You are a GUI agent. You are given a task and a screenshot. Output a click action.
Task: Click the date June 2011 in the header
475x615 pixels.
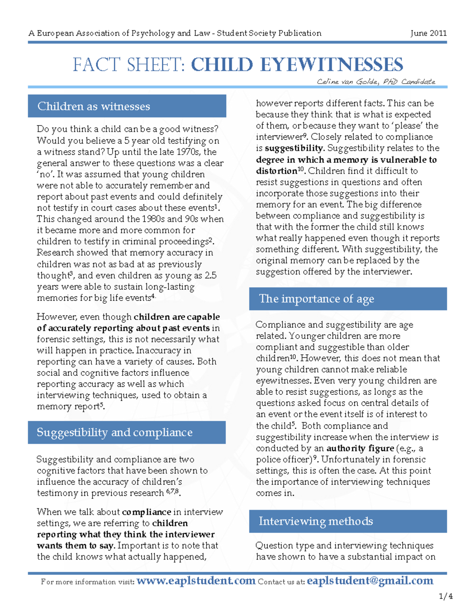tap(428, 33)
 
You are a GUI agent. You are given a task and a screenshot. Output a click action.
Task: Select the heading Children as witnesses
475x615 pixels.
tap(94, 106)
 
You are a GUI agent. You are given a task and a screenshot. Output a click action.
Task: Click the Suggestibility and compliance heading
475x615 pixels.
tap(114, 432)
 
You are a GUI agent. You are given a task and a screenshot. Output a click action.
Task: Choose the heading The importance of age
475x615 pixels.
tap(316, 299)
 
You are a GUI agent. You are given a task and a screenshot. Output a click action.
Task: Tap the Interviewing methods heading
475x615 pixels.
tap(315, 521)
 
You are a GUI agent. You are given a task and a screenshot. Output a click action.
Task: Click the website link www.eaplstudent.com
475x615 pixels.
tap(196, 581)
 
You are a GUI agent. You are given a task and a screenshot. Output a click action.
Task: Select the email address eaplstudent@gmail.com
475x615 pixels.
tap(370, 581)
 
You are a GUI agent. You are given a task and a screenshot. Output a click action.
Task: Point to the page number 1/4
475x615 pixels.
tap(446, 596)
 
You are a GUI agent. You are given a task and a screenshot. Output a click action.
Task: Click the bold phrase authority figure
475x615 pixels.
tap(360, 448)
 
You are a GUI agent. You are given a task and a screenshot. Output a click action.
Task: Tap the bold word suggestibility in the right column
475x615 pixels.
tap(294, 148)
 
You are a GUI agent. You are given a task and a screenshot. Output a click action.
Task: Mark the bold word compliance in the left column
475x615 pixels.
tap(146, 512)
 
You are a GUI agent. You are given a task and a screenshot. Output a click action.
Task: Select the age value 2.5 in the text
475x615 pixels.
tap(210, 276)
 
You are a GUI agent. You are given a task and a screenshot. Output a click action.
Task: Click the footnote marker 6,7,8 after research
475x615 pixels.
tap(173, 491)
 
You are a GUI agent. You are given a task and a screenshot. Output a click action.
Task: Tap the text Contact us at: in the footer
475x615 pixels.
tap(281, 582)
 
